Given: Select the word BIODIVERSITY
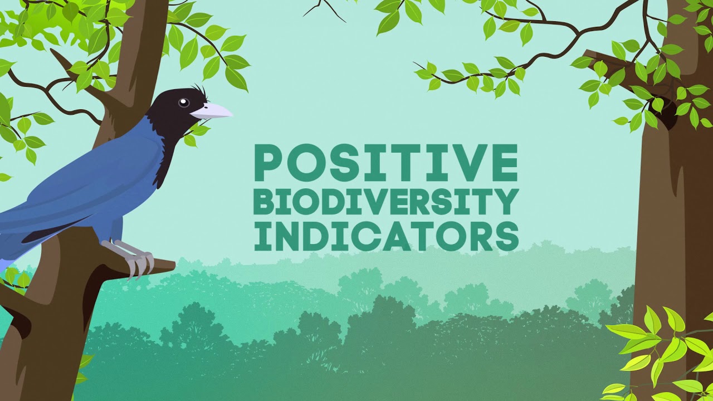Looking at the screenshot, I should (x=385, y=203).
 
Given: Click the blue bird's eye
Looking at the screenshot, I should (x=183, y=102).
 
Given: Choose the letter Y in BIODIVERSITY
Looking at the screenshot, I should (x=506, y=203).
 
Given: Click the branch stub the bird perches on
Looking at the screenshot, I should (x=159, y=267).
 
